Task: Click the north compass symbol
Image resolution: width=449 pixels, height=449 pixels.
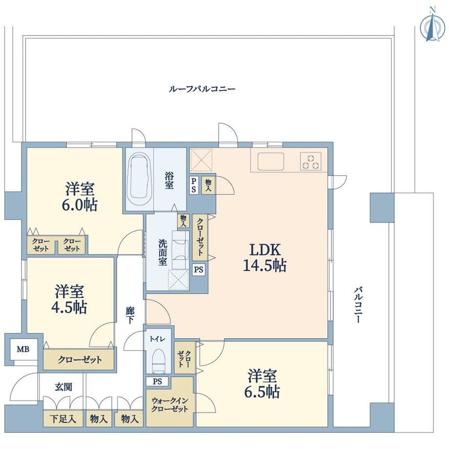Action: pos(432,27)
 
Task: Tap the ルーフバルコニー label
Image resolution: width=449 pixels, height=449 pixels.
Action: pos(202,89)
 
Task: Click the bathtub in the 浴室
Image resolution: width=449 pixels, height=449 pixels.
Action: pos(139,179)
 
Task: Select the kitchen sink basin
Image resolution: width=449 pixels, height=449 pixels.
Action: pos(270,161)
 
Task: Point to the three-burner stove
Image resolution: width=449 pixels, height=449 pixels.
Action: pos(311,162)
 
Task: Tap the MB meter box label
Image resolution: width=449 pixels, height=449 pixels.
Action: pos(22,349)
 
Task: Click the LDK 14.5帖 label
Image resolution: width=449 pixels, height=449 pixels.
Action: pos(265,257)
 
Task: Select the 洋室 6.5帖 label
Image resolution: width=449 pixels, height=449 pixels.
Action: pos(262,384)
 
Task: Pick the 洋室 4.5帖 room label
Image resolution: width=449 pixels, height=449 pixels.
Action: pos(69,299)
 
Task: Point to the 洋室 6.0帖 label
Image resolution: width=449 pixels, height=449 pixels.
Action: pos(80,197)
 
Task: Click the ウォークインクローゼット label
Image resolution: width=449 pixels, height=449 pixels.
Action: pos(169,405)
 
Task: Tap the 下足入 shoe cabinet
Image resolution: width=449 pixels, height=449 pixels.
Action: pos(63,419)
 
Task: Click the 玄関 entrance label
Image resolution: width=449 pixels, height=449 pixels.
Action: pos(63,387)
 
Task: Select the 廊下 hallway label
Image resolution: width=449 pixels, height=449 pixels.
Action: pos(130,315)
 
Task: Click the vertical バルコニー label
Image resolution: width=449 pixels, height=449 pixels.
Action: pos(358,305)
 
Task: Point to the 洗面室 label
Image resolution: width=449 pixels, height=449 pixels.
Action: pos(163,252)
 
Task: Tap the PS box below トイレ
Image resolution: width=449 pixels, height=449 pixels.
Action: pos(157,382)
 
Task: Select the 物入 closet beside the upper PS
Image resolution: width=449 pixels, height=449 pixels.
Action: pos(208,185)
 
